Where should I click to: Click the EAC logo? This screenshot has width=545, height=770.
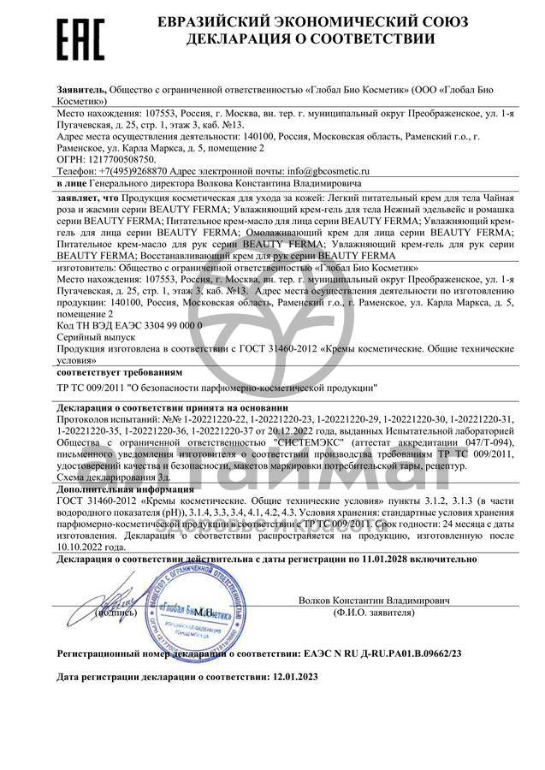click(79, 38)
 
